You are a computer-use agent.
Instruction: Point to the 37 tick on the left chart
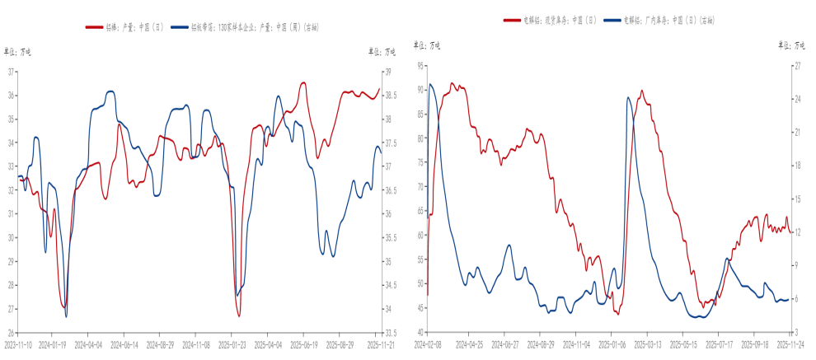pos(11,72)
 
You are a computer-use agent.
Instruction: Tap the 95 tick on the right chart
pos(420,65)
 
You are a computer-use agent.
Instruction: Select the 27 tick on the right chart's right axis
pos(797,65)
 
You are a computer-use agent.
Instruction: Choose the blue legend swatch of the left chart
pos(180,27)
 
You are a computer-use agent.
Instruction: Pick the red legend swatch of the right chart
pos(513,18)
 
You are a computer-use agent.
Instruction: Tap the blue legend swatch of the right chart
pos(613,18)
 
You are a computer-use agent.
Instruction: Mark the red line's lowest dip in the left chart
pos(239,316)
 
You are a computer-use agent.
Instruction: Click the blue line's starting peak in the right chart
pos(429,84)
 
